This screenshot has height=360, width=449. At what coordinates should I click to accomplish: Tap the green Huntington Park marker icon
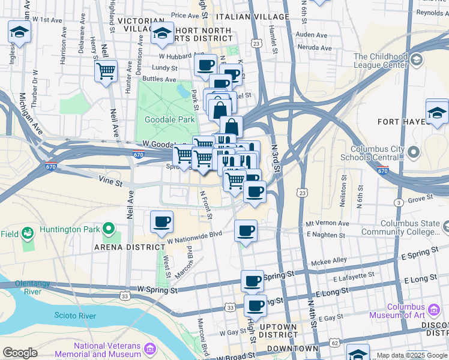coord(109,229)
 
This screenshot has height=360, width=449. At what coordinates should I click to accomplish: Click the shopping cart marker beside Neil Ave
coord(106,71)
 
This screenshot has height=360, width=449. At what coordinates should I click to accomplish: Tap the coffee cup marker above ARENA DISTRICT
coord(162,222)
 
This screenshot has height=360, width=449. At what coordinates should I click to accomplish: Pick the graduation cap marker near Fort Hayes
coord(437,112)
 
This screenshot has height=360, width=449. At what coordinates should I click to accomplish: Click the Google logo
coord(20,352)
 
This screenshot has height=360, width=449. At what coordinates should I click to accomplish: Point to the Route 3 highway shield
coord(399,203)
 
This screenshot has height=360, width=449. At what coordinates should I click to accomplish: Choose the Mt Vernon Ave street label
coord(327,223)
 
